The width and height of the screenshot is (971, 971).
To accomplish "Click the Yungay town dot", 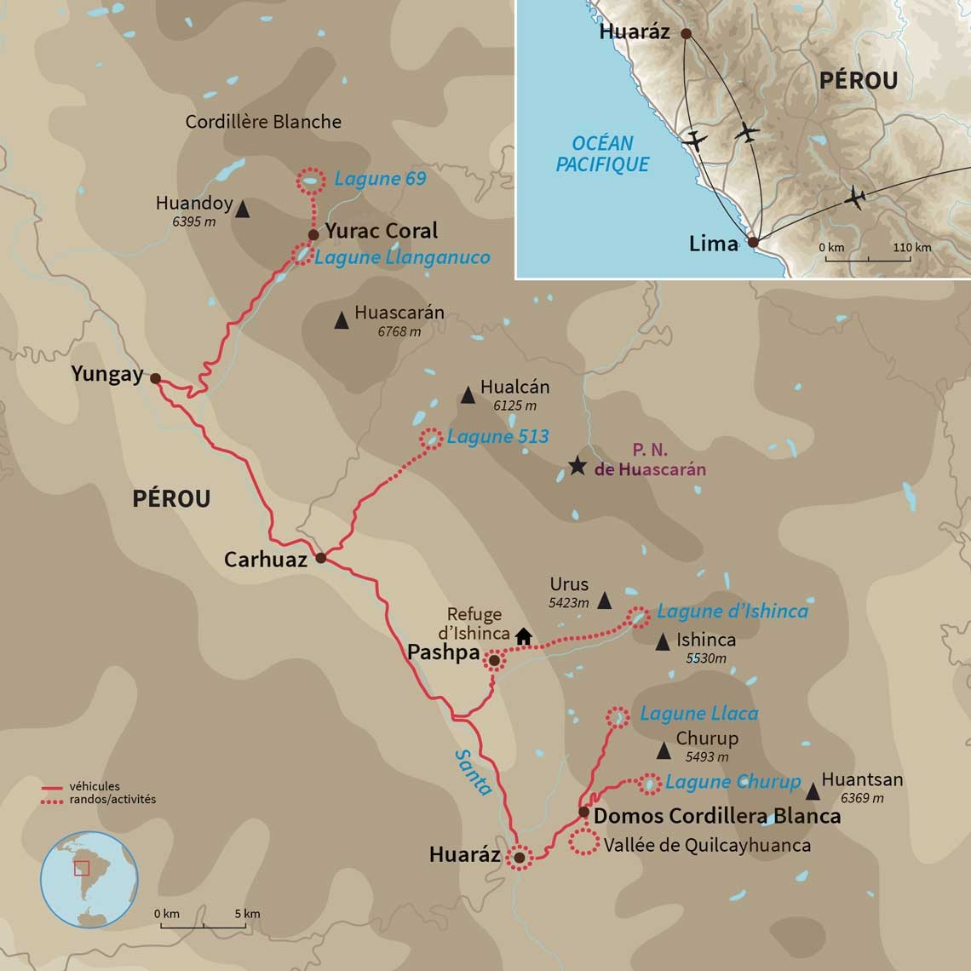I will (x=155, y=378).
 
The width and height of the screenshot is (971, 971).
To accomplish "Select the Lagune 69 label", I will (x=380, y=179).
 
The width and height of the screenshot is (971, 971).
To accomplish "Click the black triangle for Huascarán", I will (x=342, y=321).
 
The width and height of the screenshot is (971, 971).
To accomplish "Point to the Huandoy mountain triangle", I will (x=242, y=209).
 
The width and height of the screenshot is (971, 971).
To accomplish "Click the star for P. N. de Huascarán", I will (x=577, y=466).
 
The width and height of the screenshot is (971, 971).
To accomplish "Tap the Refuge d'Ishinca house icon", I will (x=523, y=635).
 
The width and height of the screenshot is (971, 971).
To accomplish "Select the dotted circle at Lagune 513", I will (x=432, y=438).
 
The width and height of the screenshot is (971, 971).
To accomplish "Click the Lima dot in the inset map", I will (x=753, y=243).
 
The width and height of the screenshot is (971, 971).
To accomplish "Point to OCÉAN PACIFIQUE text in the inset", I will (x=602, y=154).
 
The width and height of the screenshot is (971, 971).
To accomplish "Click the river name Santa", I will (x=473, y=772).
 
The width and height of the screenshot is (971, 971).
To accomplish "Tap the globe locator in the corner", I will (x=89, y=880).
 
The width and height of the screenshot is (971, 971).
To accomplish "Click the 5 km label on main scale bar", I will (x=248, y=914).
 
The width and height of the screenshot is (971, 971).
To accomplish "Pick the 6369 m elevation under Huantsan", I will (x=862, y=798).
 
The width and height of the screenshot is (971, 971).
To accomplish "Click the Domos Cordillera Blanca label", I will (x=716, y=816).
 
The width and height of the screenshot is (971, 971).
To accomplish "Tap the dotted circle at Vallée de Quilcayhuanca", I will (x=583, y=842).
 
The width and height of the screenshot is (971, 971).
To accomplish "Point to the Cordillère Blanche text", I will (x=263, y=122).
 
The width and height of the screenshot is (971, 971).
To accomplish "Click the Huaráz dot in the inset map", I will (x=686, y=35).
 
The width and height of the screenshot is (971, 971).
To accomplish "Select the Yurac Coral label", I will (x=381, y=231).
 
